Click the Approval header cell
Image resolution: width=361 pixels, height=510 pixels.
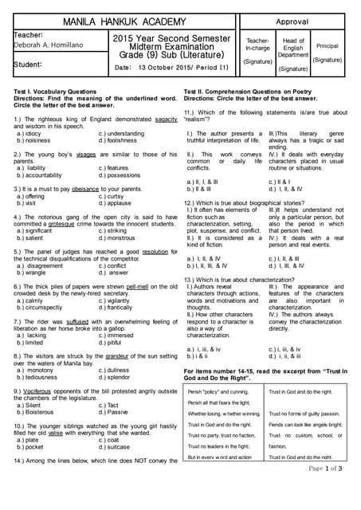pyautogui.click(x=292, y=22)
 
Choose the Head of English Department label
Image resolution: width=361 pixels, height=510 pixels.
pyautogui.click(x=293, y=48)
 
